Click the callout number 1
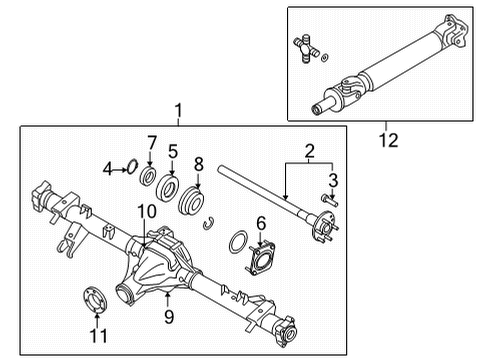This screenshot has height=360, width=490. pos(178,110)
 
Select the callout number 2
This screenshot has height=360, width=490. pos(310,153)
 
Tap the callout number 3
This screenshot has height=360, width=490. pos(335,180)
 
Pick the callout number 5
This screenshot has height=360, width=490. pos(172,153)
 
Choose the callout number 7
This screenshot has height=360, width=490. pos(152,142)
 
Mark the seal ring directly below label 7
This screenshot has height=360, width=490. pos(149,178)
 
